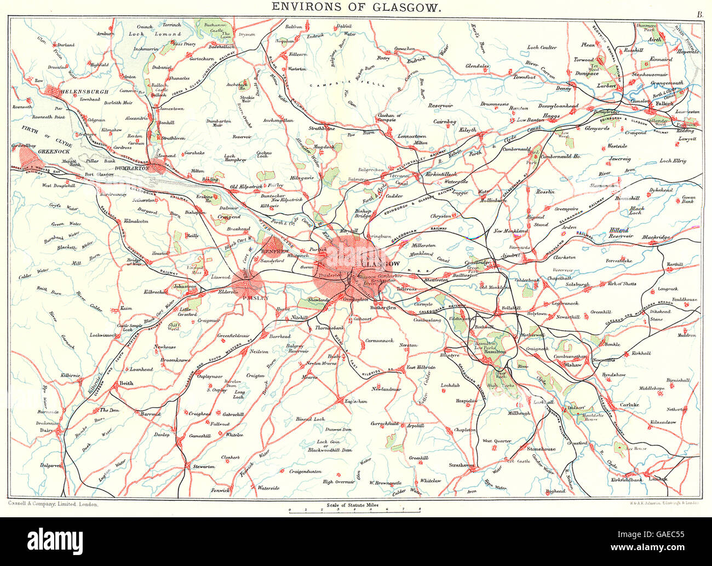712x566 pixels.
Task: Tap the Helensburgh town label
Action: click(x=85, y=91)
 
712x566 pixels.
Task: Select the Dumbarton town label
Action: click(x=132, y=169)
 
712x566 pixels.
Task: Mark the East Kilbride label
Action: click(x=420, y=367)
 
